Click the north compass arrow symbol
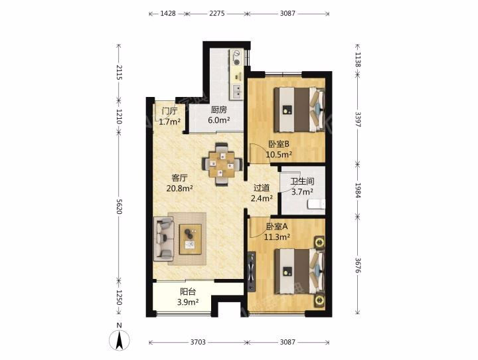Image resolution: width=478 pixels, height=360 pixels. point(119,339)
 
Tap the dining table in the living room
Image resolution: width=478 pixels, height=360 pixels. point(222,165)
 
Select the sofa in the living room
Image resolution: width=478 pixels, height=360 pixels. point(164,239)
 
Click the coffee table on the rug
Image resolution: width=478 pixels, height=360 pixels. point(191,239)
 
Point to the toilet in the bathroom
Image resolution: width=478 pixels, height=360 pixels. point(317,205)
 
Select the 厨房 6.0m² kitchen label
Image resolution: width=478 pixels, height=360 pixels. point(219,115)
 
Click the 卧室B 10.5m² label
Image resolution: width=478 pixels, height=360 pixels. point(279,149)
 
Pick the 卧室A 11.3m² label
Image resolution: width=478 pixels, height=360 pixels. point(277,232)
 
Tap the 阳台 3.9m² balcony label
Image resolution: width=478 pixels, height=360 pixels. point(188,297)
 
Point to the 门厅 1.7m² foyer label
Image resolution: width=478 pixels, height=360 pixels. point(170,116)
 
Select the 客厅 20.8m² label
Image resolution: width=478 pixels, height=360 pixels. point(179,183)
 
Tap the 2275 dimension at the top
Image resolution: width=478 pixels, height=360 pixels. point(217,13)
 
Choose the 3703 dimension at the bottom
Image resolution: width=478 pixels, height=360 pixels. point(198,342)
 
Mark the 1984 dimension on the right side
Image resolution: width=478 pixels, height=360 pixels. point(358,191)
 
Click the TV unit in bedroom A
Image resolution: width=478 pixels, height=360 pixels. point(252,271)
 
